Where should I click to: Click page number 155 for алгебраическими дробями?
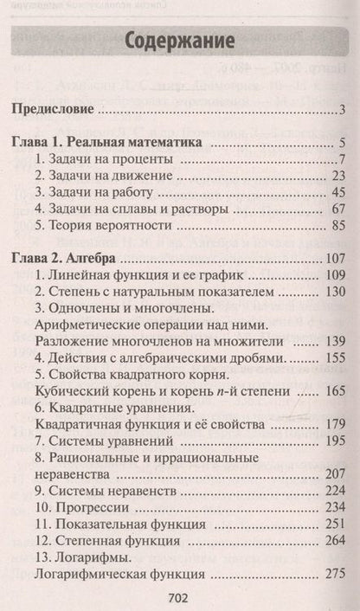(335, 357)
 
